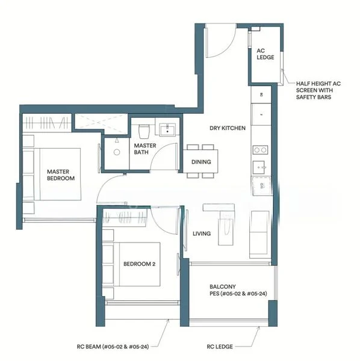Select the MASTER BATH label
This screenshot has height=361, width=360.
(145, 149)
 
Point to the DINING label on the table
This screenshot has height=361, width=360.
(201, 162)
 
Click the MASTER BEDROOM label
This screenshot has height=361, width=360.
(61, 175)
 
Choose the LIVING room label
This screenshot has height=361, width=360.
(201, 233)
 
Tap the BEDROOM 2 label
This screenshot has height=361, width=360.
(140, 264)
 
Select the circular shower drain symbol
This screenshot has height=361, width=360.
(116, 152)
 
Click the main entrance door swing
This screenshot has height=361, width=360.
(218, 42)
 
